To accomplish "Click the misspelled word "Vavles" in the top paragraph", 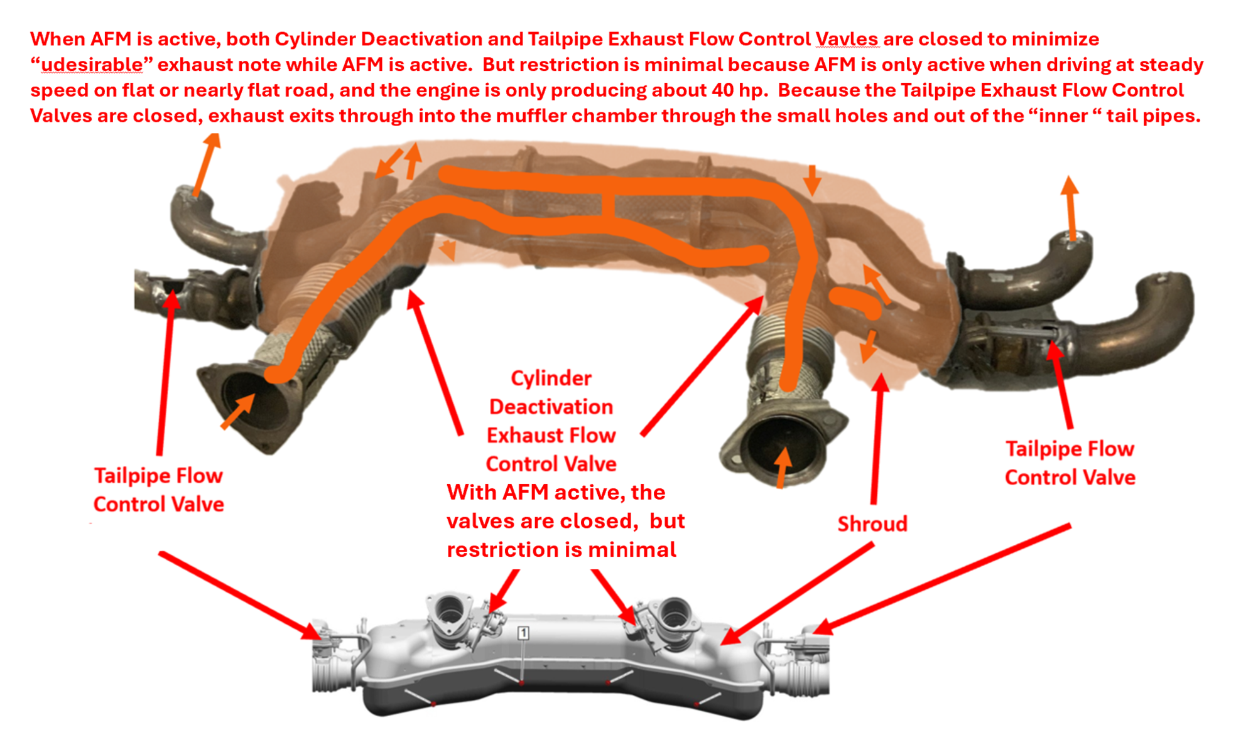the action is coord(847,39).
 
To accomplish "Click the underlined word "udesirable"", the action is coord(92,65).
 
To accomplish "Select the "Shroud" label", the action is coord(872,523).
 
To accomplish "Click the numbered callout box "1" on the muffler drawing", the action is coord(523,633).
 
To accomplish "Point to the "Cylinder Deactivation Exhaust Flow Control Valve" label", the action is coord(551,421).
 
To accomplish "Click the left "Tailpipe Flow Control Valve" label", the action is coord(158,490).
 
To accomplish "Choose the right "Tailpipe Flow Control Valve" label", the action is coord(1070,463).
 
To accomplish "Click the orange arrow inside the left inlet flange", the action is coord(239,411).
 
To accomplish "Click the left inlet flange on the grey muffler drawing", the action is coord(448,613).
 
